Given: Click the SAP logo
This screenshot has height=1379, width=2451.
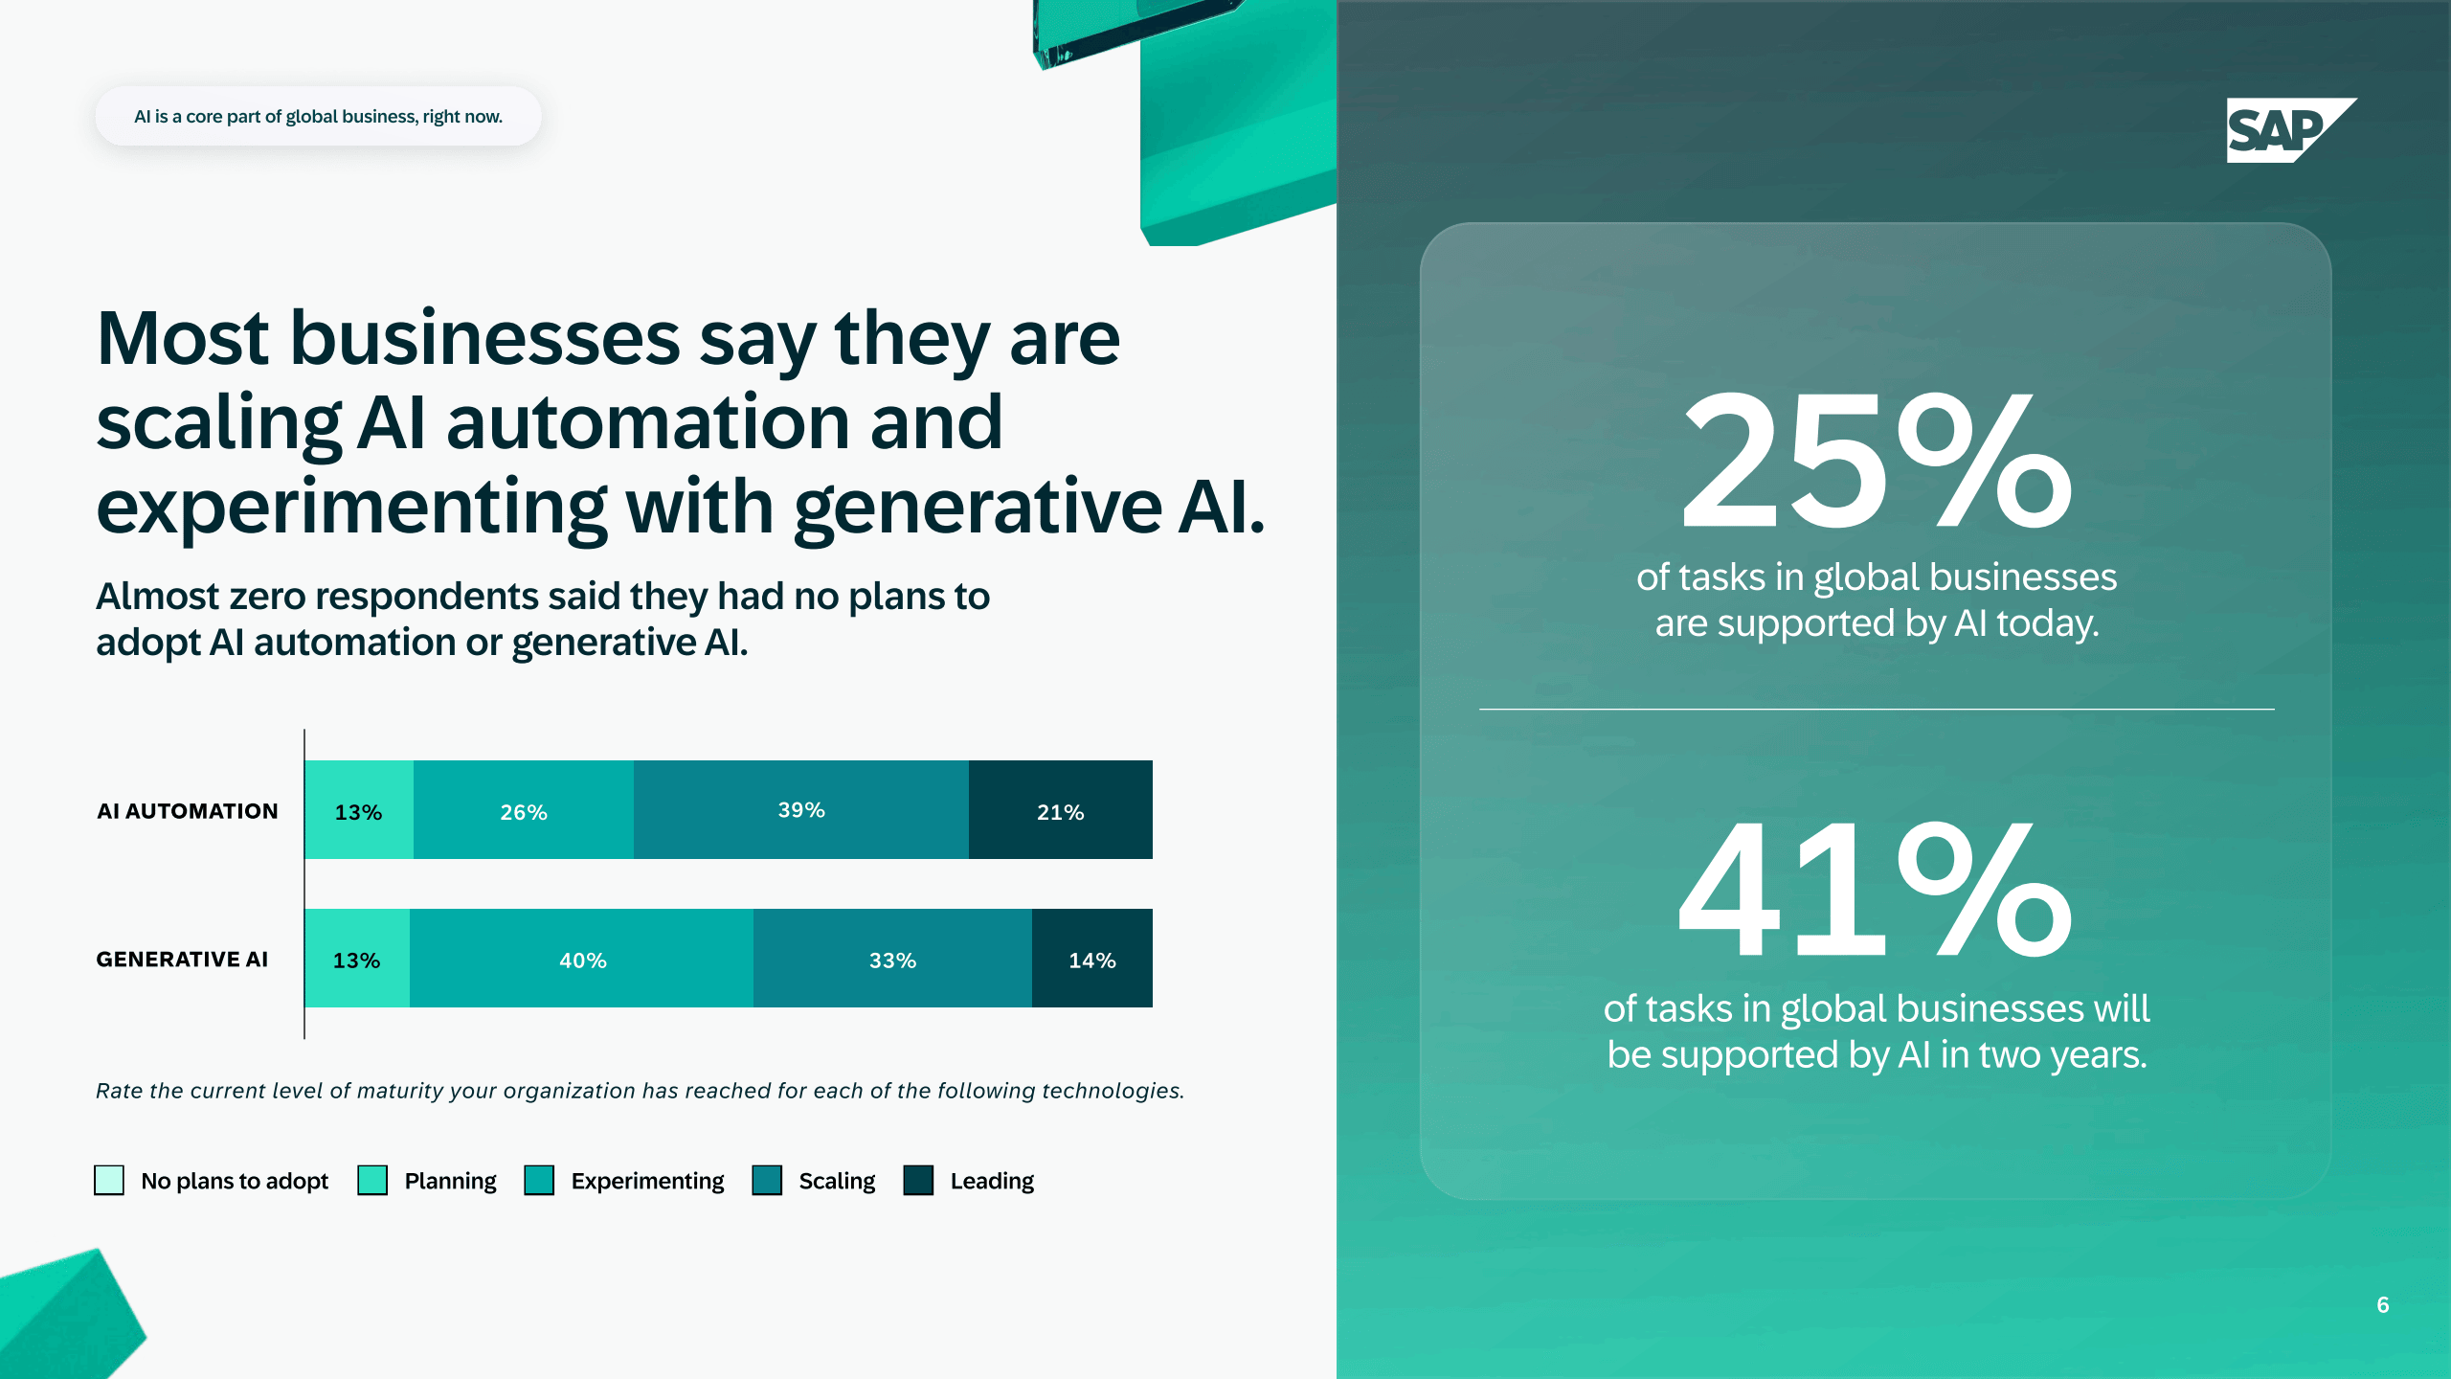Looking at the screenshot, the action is pos(2290,130).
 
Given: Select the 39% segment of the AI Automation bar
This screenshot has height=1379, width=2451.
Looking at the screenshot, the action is pos(801,809).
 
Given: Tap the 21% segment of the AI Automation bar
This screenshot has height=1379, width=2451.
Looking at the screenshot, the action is pos(1061,809).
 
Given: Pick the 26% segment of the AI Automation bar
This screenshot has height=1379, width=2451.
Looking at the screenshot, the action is pos(524,809).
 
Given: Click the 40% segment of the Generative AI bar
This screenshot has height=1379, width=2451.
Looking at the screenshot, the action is pos(582,958).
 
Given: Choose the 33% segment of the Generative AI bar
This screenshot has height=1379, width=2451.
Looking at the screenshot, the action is pos(892,958).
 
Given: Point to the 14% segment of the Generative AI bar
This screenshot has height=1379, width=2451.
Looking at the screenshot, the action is pos(1092,958).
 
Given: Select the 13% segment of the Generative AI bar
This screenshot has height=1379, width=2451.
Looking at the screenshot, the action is pos(357,958).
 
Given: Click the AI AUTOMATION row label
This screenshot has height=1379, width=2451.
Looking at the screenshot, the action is pos(188,811).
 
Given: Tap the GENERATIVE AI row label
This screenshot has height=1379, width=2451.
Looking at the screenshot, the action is pos(182,960).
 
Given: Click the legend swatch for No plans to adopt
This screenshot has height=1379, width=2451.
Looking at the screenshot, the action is pos(109,1180).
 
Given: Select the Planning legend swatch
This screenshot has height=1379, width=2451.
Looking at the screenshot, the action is pos(372,1180).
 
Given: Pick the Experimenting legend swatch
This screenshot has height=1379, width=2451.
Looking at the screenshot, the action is pos(539,1180).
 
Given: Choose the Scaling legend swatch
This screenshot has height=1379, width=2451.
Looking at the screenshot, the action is pos(767,1180).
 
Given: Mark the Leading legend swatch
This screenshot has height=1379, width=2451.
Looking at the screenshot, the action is pos(918,1180).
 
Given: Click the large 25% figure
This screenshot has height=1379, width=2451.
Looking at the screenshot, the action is pos(1877,462).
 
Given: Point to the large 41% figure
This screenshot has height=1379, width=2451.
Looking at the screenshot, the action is pos(1875,891).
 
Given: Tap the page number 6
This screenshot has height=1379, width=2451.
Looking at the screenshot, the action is pos(2383,1305).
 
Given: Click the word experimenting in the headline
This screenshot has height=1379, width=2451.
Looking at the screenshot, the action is pos(351,508).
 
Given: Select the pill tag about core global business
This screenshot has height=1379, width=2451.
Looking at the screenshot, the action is pos(318,116).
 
